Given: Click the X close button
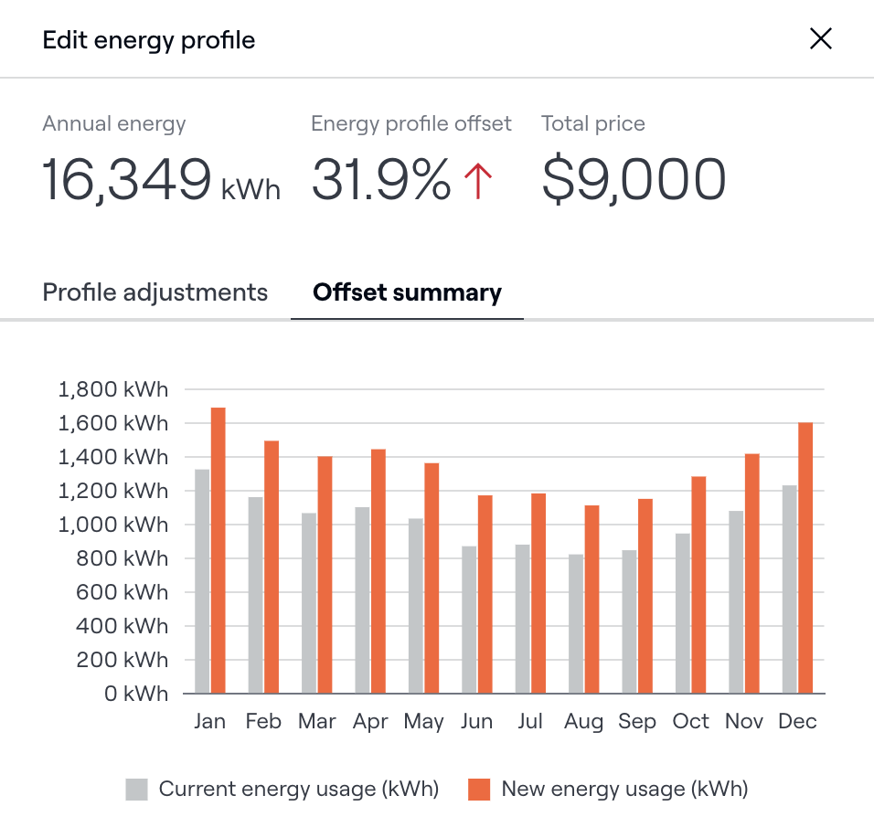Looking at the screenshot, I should tap(820, 38).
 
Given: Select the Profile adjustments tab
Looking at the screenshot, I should tap(155, 292).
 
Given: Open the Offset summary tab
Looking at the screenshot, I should tap(407, 292).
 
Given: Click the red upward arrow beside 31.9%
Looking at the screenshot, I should tap(478, 180).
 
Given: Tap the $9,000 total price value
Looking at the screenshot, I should tap(634, 180).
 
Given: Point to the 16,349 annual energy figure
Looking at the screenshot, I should tap(127, 180).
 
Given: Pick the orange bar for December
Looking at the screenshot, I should tap(805, 557).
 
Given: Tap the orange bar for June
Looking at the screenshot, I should tap(485, 594).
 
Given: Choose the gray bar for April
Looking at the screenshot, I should tap(362, 599).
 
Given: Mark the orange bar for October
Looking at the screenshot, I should tap(698, 585).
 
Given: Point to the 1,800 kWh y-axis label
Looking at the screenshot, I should tap(113, 389).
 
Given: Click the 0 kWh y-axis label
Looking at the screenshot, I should tap(135, 694).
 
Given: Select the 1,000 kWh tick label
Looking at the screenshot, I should tap(113, 525).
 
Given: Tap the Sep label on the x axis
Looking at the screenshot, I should tap(636, 722).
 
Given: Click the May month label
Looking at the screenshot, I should tap(423, 722).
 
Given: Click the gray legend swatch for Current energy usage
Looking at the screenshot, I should tap(136, 789).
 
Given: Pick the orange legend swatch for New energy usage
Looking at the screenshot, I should tap(479, 789).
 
